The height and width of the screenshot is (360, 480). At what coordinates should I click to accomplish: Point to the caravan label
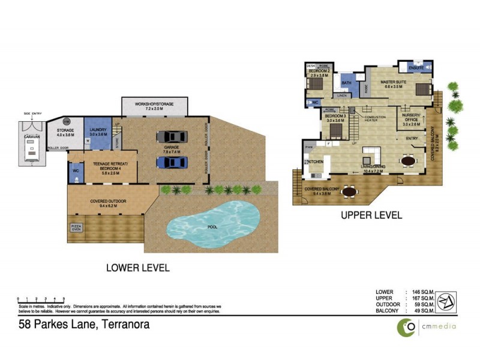click(31, 137)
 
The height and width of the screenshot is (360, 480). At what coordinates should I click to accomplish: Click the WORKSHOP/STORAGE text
click(154, 104)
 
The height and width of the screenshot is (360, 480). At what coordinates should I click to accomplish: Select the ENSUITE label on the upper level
click(417, 68)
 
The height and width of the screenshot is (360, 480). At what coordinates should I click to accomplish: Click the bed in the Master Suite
click(422, 91)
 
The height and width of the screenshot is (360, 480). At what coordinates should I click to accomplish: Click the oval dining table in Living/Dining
click(408, 160)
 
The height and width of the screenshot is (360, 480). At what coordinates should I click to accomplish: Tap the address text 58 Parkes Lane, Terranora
click(83, 325)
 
